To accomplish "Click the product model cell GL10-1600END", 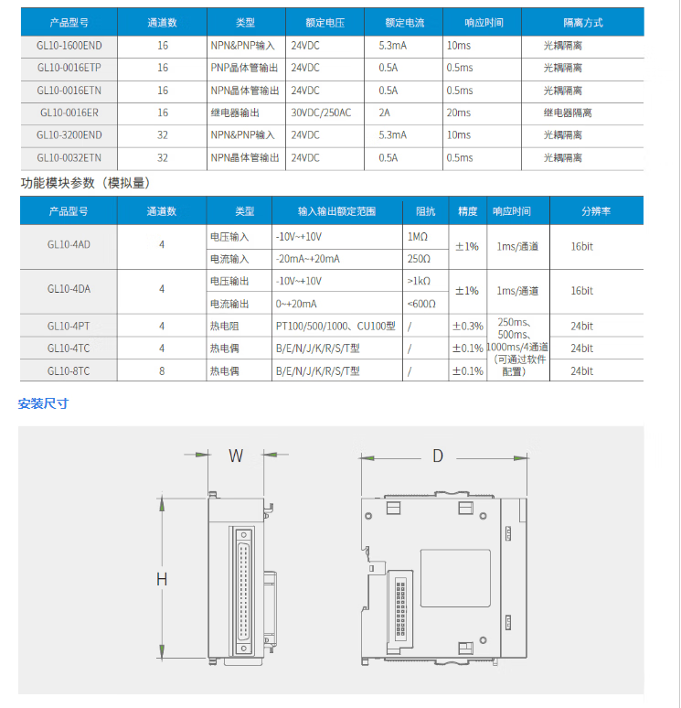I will click(x=69, y=45).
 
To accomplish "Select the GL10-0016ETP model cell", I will click(x=69, y=68).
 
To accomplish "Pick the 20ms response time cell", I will click(x=459, y=113).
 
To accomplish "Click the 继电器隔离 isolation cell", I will click(x=568, y=113).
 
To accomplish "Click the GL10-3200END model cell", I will click(x=69, y=134).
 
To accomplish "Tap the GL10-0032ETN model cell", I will click(x=69, y=157).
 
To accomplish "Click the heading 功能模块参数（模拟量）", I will click(x=85, y=183).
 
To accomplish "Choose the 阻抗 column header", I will click(x=426, y=211).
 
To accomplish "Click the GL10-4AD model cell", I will click(x=69, y=246).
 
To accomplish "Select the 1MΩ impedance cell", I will click(x=419, y=236).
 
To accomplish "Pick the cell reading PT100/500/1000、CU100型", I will click(x=335, y=326).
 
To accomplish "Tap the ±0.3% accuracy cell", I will click(x=467, y=326).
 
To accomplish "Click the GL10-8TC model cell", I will click(x=69, y=371).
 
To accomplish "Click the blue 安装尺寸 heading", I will click(x=44, y=403).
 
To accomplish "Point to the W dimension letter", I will click(x=236, y=456).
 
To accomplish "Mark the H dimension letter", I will click(x=162, y=578).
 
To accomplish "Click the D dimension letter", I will click(x=438, y=456).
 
